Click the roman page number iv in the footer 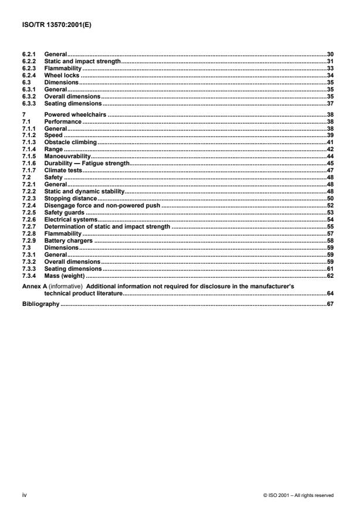(23, 495)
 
